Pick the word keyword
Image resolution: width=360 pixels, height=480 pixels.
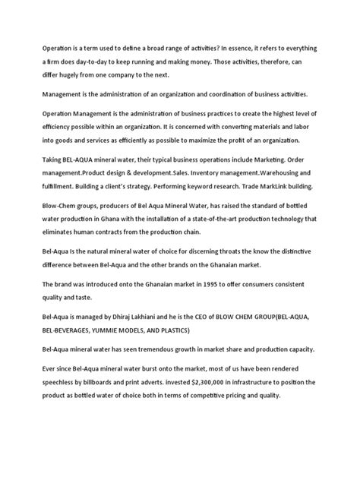206,186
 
